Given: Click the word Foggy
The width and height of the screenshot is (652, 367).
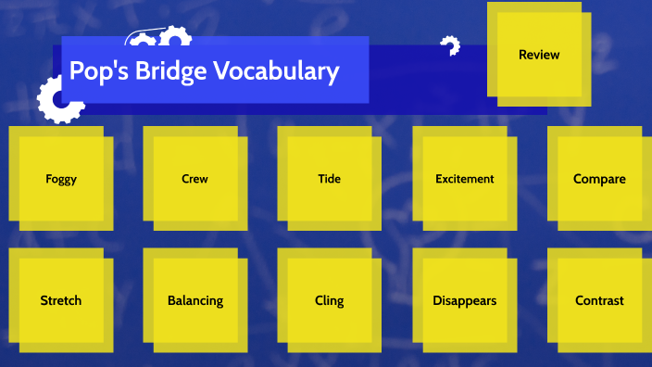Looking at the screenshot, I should (x=61, y=180).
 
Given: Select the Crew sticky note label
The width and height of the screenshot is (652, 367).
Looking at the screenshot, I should (x=194, y=179).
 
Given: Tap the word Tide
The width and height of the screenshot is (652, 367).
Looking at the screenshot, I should (x=329, y=179).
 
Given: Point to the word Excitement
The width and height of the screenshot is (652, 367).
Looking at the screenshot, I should (x=464, y=179).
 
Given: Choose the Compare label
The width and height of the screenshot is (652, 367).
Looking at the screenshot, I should (x=599, y=179).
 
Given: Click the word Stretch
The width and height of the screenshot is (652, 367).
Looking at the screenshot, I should (x=61, y=300).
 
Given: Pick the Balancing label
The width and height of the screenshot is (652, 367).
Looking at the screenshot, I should (x=194, y=300).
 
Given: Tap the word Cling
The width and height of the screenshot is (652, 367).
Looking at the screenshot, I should (x=329, y=300).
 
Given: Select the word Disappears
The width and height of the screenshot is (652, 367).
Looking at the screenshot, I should (x=464, y=300).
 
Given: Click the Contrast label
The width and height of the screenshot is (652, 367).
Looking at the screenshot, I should (x=599, y=300).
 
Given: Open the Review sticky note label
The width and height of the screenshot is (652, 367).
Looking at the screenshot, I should (x=539, y=55).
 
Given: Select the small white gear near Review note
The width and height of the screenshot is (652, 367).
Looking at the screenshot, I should (x=450, y=45).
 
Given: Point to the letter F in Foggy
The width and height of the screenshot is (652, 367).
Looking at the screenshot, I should (x=48, y=180).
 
